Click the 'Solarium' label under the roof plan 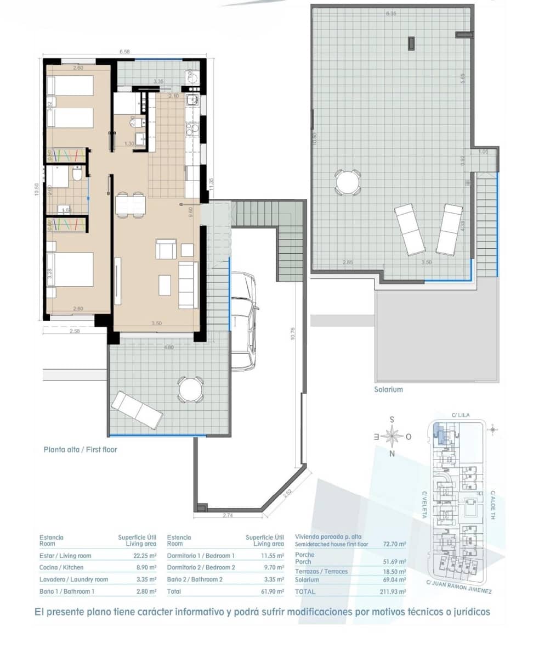click(388, 389)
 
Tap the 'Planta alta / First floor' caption click(80, 449)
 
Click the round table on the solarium click(348, 182)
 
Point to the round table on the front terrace click(190, 390)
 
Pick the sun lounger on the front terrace click(137, 410)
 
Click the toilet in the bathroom click(77, 175)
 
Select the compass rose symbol click(392, 437)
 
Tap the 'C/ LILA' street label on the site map click(459, 415)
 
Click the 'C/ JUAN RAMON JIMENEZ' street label click(458, 587)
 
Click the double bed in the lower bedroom click(70, 270)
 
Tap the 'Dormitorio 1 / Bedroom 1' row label click(201, 556)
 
